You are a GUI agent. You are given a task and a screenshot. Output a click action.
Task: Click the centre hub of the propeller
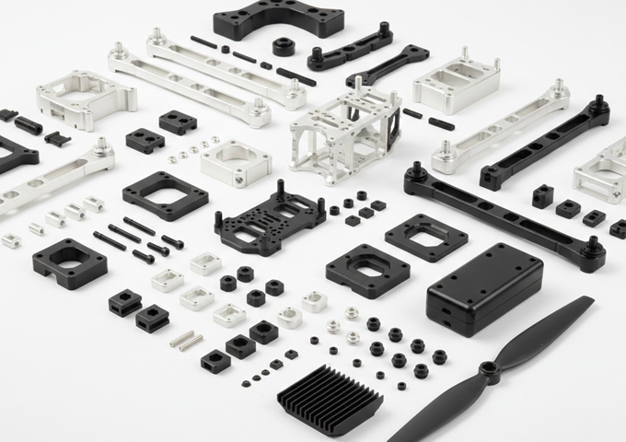[x=488, y=373]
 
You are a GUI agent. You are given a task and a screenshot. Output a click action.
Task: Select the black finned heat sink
[x=330, y=397]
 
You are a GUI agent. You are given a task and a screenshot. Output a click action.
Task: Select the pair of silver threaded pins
[x=186, y=341]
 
